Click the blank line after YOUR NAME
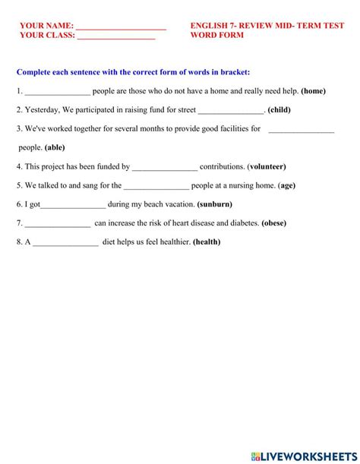tap(121, 27)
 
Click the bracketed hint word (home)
tap(313, 91)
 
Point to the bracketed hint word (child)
tap(279, 109)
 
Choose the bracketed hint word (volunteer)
tap(267, 166)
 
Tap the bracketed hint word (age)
tap(287, 185)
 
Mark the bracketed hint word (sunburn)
tap(214, 204)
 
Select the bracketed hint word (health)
tap(207, 242)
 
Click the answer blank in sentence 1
tap(57, 92)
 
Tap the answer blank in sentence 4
tap(165, 167)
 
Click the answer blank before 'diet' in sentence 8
tap(66, 243)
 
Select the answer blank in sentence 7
tap(58, 224)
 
